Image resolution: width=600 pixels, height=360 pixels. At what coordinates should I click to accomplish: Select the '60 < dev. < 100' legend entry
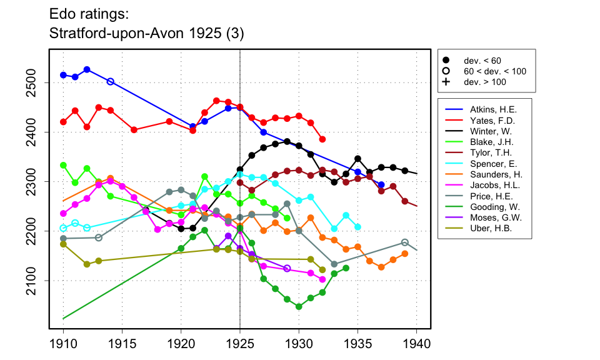coord(494,71)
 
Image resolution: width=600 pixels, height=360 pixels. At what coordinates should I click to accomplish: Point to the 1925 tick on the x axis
coord(240,342)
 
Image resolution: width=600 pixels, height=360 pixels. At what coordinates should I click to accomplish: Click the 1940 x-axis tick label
coord(416,342)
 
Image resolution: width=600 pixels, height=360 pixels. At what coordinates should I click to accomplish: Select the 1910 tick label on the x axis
coord(63,342)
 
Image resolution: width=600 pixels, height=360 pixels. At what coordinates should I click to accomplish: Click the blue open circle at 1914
coord(111,81)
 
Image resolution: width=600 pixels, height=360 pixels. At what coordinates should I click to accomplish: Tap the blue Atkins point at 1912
coord(87,69)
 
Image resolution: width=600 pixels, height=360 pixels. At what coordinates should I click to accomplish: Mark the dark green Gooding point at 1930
coord(299,307)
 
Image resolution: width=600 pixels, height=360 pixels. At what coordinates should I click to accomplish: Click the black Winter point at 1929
coord(287,142)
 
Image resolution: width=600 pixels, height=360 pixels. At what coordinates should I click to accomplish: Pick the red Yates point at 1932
coord(322,139)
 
